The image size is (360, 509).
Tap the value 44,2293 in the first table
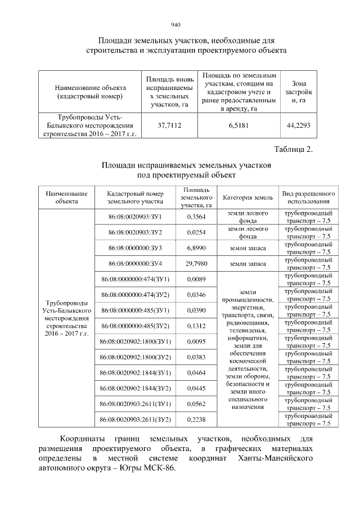(x=298, y=125)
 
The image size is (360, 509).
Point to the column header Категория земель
(x=248, y=197)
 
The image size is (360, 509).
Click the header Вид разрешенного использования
(x=309, y=197)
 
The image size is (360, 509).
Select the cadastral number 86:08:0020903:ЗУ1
(x=135, y=217)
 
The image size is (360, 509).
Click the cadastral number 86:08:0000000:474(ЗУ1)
(x=135, y=279)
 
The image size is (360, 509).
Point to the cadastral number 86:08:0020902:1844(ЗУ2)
(x=135, y=388)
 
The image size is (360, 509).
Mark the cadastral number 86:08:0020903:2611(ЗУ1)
(x=135, y=403)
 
